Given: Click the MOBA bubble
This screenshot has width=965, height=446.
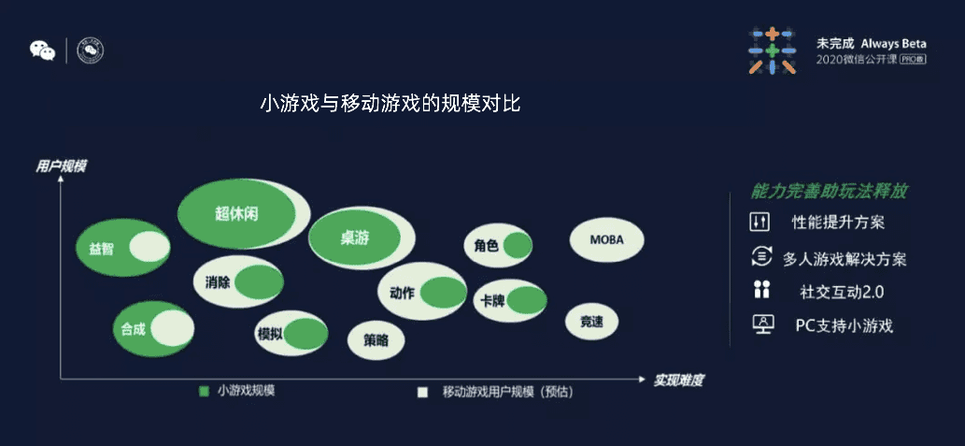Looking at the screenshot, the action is click(x=607, y=239).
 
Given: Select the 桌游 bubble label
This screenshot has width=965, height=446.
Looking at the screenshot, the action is click(x=354, y=237).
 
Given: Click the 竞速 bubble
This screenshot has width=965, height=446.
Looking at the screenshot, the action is click(x=591, y=321).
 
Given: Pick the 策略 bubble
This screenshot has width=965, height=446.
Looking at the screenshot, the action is click(x=376, y=340).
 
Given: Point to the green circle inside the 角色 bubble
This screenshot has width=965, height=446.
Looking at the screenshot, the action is click(x=518, y=246).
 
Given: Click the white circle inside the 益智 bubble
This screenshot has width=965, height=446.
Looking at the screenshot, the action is click(x=149, y=247).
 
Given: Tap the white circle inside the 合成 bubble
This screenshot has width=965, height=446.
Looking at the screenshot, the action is click(x=172, y=328).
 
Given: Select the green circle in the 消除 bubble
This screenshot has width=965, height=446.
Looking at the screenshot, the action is click(x=259, y=282).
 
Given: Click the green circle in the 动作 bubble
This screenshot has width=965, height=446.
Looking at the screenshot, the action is click(x=444, y=293).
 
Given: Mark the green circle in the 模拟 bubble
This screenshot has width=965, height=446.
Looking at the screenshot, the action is click(x=305, y=335).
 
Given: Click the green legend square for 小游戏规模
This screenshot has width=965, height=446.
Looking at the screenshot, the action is click(x=204, y=391).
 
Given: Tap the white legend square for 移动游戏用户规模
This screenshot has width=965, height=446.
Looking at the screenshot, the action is click(x=422, y=393).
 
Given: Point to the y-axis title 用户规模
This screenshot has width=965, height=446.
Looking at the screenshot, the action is click(x=61, y=166).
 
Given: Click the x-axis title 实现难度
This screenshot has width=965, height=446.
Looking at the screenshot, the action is click(x=678, y=381).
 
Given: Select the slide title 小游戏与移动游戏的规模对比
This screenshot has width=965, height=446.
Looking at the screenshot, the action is click(x=390, y=104).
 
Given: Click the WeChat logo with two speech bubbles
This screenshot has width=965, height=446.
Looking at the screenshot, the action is click(x=42, y=50).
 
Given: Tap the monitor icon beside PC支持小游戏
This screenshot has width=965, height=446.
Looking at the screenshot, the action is click(x=763, y=324).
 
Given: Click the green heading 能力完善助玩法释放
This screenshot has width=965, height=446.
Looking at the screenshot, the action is click(x=829, y=192).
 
